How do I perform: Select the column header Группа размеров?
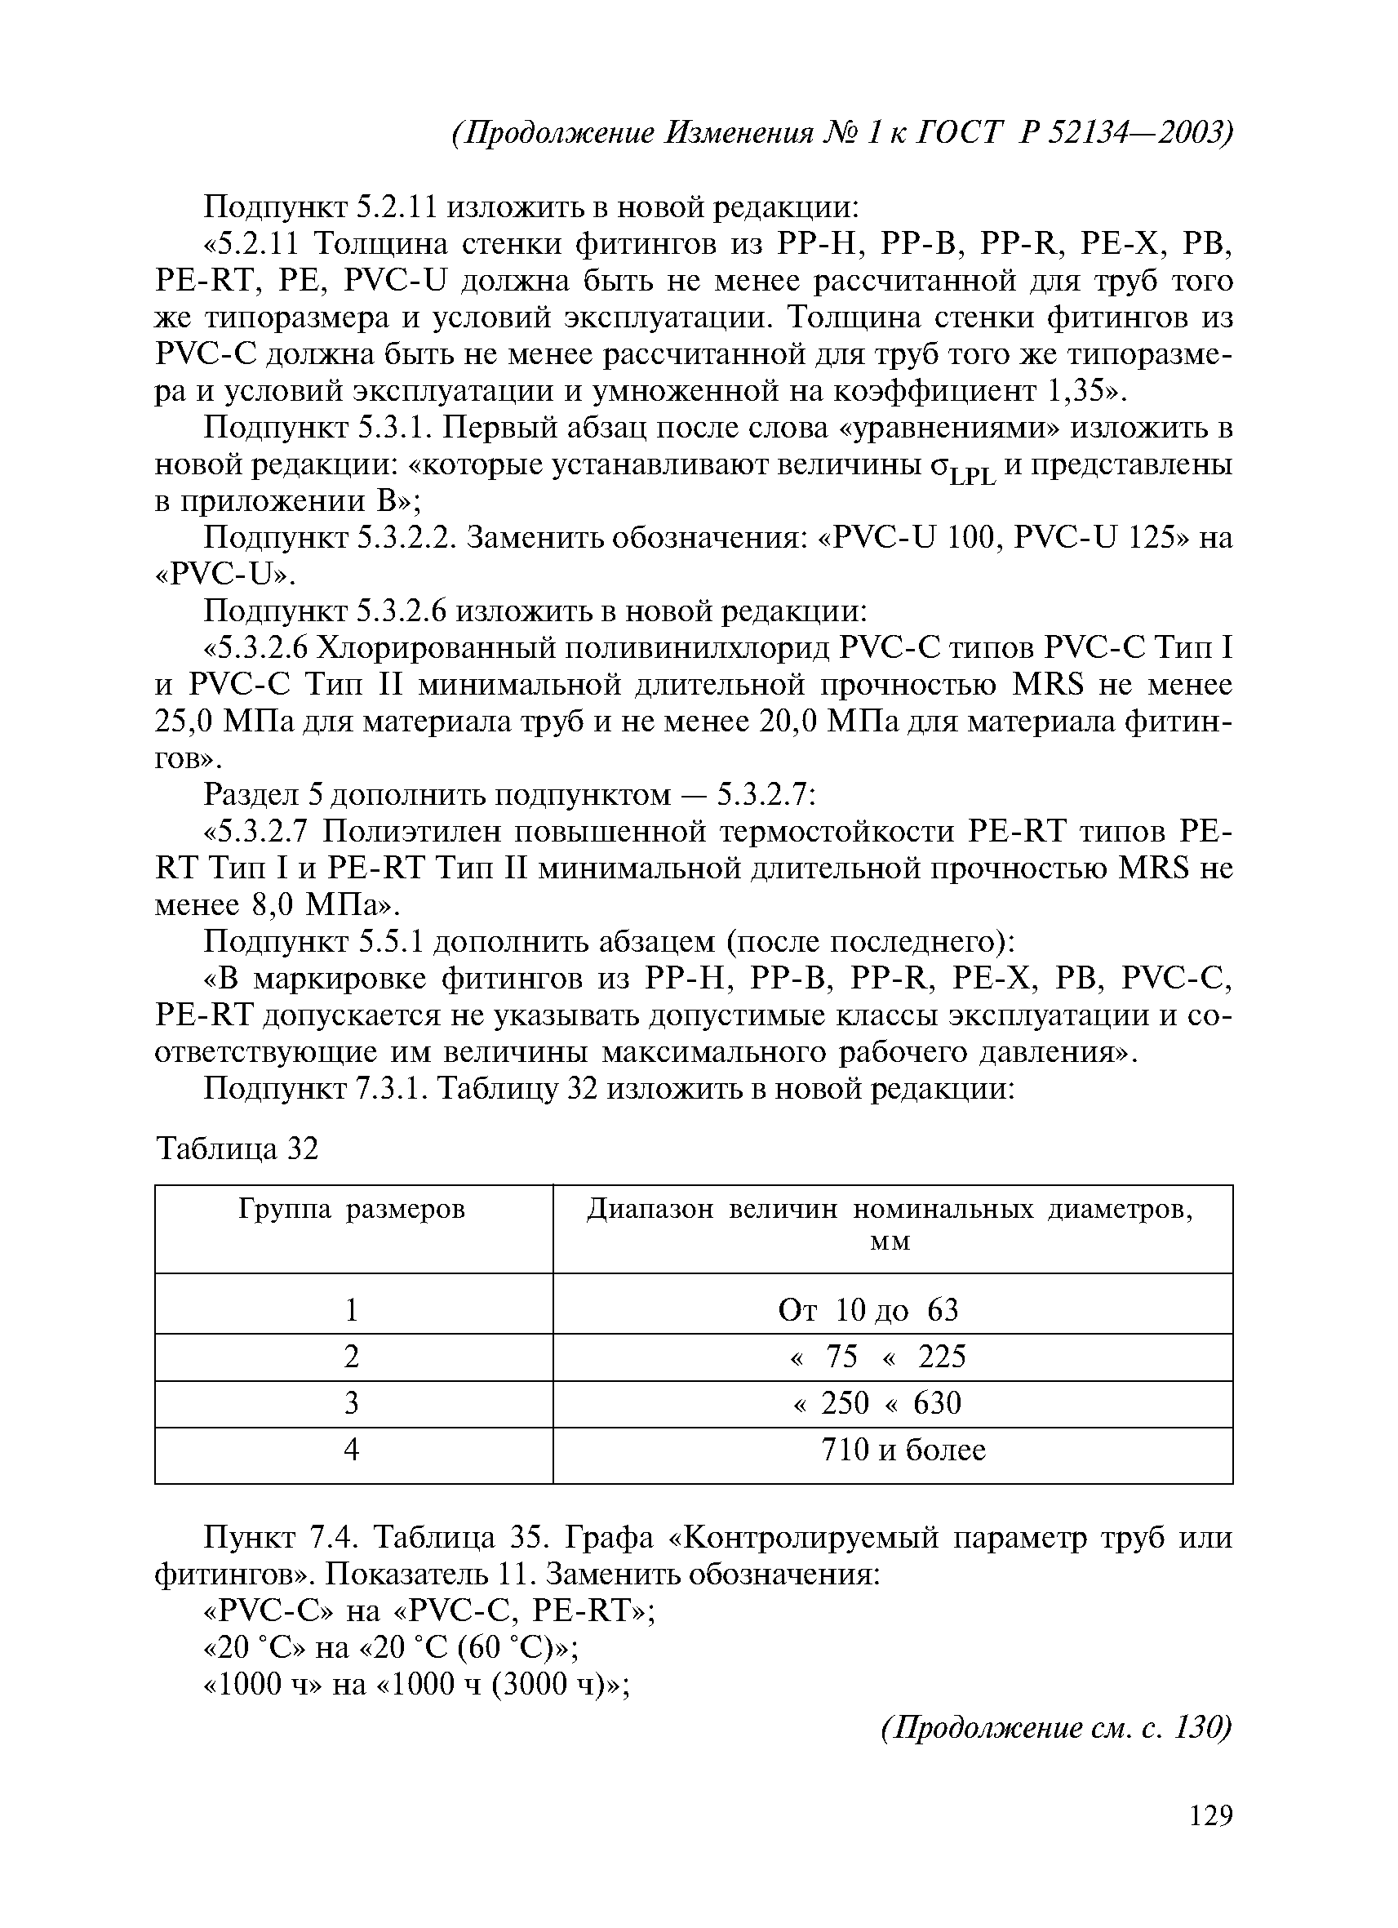coord(352,1209)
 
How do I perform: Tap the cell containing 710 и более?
coord(903,1450)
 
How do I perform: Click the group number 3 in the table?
coord(352,1402)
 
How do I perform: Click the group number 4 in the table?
coord(352,1450)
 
